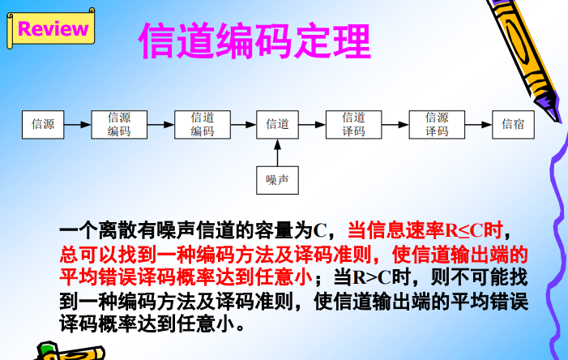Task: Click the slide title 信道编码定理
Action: tap(254, 41)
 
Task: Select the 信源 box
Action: tap(43, 124)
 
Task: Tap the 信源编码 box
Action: tap(119, 124)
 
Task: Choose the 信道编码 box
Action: tap(202, 124)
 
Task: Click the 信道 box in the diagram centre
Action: tap(277, 124)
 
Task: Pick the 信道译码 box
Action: tap(353, 124)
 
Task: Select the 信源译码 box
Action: tap(437, 124)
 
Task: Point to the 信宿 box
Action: tap(513, 124)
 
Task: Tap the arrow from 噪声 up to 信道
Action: tap(277, 152)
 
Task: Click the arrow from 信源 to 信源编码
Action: tap(78, 125)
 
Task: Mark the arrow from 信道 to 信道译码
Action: tap(312, 125)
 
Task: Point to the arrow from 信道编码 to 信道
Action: tap(242, 125)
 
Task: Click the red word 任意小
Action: tap(284, 276)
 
